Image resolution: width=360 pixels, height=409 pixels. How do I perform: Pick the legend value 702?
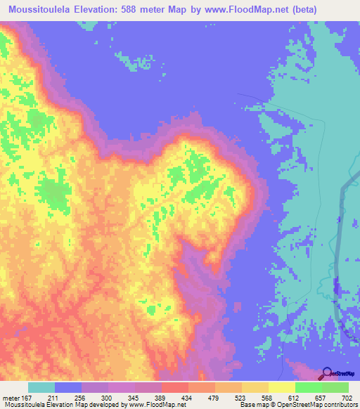click(x=347, y=397)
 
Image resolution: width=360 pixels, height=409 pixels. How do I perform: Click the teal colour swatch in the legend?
click(x=41, y=387)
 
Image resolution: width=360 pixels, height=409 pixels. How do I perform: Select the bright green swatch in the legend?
click(x=308, y=387)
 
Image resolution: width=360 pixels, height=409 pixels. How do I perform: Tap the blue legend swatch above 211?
click(x=67, y=387)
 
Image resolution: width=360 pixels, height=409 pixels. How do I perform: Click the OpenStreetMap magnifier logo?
click(x=328, y=374)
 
